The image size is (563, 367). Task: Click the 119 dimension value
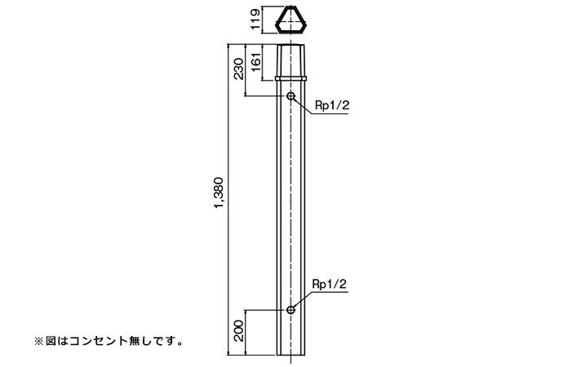pyautogui.click(x=255, y=19)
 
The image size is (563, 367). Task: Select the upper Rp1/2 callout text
pyautogui.click(x=330, y=105)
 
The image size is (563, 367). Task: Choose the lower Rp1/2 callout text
pyautogui.click(x=330, y=283)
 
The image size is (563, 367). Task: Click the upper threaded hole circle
pyautogui.click(x=290, y=96)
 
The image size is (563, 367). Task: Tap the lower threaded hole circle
pyautogui.click(x=290, y=310)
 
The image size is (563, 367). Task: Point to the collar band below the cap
pyautogui.click(x=290, y=79)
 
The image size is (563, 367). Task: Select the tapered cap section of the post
pyautogui.click(x=290, y=60)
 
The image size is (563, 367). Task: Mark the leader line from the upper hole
pyautogui.click(x=303, y=105)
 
